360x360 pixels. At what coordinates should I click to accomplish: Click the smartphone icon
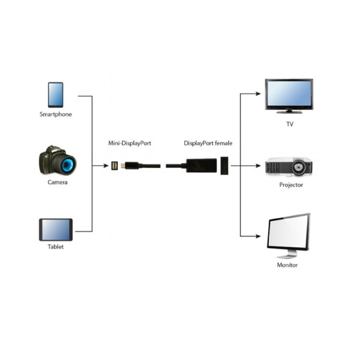click(56, 94)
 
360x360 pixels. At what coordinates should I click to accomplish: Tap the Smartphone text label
click(56, 114)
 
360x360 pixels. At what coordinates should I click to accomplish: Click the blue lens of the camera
click(65, 163)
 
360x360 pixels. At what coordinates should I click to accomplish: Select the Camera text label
click(58, 182)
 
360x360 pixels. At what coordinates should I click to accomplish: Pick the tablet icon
click(56, 229)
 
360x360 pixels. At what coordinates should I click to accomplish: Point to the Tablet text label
click(56, 247)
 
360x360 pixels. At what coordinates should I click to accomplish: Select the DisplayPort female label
click(208, 144)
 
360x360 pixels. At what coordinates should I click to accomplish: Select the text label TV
click(290, 125)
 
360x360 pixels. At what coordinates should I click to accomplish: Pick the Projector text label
click(291, 185)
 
